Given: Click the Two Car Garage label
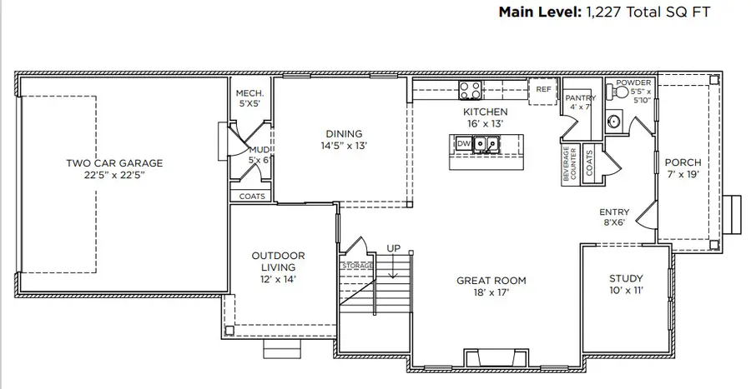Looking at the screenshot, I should (114, 163).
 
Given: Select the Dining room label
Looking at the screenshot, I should (344, 133).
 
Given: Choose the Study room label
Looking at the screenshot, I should (626, 278).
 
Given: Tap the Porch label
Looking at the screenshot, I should (682, 162).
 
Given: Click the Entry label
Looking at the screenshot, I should (614, 212).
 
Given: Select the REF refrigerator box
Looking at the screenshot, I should (543, 89).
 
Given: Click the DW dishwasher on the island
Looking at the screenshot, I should (464, 144).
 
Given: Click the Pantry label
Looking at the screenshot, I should (580, 97).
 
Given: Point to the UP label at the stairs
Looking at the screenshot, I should (393, 248).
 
